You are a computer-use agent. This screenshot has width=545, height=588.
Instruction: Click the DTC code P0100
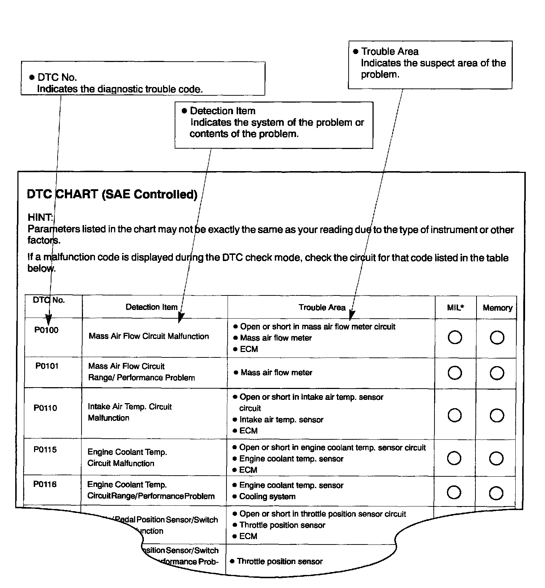pos(46,330)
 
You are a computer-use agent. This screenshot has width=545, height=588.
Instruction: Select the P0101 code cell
pos(47,366)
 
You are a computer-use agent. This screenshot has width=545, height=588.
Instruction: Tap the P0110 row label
pos(45,408)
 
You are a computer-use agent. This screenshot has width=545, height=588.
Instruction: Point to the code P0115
pos(45,450)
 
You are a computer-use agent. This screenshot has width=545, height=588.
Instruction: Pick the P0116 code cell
pos(45,484)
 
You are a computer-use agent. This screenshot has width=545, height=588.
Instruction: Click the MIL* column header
pos(455,308)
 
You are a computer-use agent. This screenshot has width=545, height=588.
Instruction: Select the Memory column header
pos(498,308)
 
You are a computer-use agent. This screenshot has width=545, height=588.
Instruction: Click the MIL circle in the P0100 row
pos(455,338)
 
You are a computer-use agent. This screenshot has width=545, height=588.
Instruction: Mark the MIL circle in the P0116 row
pos(454,492)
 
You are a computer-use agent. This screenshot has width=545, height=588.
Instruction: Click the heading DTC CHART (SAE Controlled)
pos(112,195)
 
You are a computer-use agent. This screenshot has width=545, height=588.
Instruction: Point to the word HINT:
pos(40,218)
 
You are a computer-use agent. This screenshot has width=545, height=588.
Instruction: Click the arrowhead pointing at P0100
pos(49,320)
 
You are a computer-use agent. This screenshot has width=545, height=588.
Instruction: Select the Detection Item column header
pos(151,307)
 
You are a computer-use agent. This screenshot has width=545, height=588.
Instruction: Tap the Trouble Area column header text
pos(322,307)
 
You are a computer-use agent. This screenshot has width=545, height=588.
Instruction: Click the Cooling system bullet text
pos(267,497)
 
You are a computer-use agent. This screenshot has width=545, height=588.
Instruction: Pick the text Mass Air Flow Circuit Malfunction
pos(149,336)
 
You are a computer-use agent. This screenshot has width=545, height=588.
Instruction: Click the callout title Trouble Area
pos(390,51)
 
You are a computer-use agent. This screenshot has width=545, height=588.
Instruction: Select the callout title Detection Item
pos(222,111)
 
